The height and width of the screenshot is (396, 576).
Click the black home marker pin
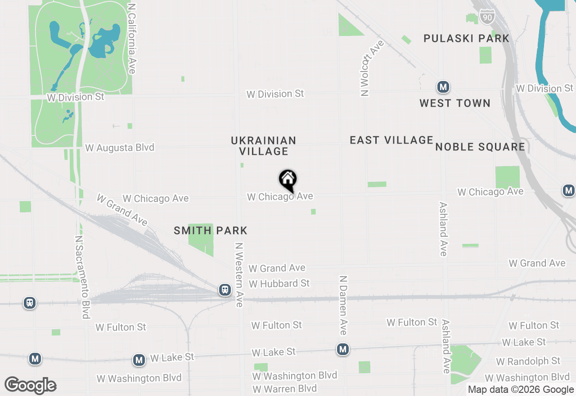(x=288, y=180)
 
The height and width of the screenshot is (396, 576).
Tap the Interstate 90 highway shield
(x=487, y=16)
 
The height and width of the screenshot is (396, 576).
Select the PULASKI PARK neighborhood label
(x=466, y=39)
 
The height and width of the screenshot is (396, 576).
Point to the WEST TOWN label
(x=454, y=103)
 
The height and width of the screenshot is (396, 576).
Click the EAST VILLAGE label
(x=391, y=140)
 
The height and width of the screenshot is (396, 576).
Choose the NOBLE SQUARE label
(x=480, y=147)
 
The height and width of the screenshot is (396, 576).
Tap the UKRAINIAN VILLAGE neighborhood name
(x=264, y=146)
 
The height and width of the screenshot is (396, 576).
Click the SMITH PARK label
(x=211, y=231)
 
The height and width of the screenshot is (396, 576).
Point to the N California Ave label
(x=131, y=39)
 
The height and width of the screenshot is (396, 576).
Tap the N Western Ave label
(x=239, y=275)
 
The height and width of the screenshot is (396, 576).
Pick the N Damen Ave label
(x=343, y=306)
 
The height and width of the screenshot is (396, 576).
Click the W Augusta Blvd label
(x=120, y=148)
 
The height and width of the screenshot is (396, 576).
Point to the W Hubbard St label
(x=279, y=283)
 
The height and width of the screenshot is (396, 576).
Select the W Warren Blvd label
(x=284, y=389)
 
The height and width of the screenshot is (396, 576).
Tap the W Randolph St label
(x=528, y=361)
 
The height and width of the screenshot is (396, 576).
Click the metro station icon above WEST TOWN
(x=443, y=86)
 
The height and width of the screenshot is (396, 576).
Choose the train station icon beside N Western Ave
(x=225, y=290)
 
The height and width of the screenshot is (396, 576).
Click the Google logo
(x=30, y=386)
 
